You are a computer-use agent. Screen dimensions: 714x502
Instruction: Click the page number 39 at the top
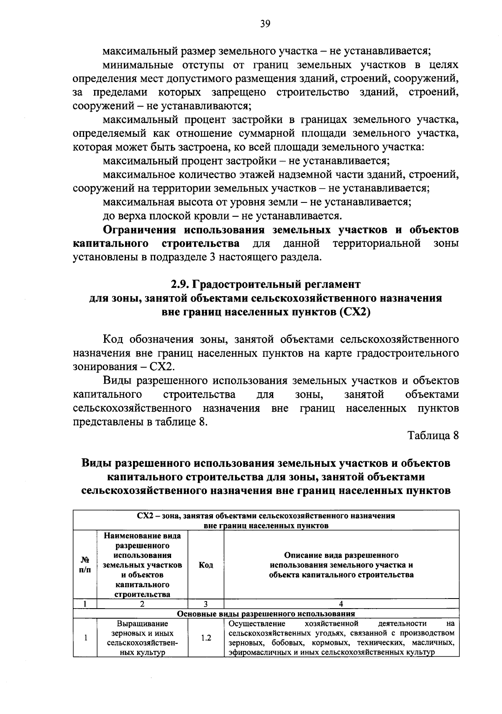[265, 24]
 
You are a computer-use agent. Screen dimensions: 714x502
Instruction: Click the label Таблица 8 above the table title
[433, 435]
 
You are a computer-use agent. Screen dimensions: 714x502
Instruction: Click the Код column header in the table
[206, 565]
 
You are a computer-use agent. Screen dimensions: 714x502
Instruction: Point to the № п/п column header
[85, 565]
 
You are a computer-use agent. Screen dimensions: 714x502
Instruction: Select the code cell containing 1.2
[206, 638]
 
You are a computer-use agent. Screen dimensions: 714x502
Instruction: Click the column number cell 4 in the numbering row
[341, 604]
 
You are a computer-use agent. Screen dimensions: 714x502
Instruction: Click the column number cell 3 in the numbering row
[206, 604]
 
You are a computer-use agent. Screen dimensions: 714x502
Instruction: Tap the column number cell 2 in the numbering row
[142, 604]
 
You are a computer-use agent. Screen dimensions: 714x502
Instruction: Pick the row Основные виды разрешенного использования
[266, 614]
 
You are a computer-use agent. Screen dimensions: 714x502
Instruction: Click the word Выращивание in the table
[142, 624]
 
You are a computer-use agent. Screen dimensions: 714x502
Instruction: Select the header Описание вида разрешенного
[341, 555]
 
